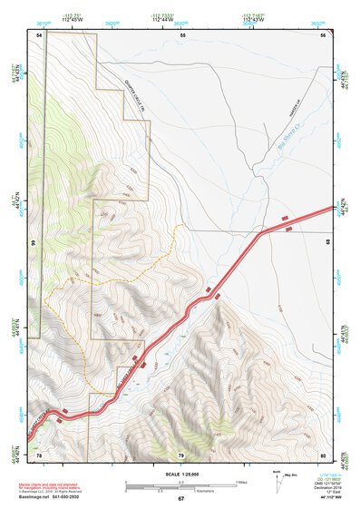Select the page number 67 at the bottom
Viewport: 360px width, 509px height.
coord(180,499)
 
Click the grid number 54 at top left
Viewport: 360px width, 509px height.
coord(39,34)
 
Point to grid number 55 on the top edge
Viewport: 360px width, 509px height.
coord(182,34)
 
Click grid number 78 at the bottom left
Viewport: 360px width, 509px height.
coord(39,455)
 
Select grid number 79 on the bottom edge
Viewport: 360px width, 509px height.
coord(180,455)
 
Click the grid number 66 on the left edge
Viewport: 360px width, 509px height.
coord(31,244)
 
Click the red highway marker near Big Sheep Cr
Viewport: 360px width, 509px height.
coord(287,218)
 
